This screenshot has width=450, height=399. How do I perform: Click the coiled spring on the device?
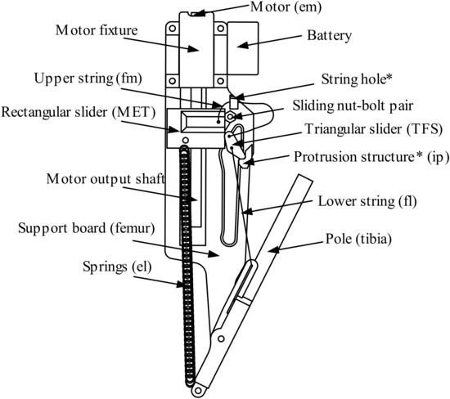tap(187, 270)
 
